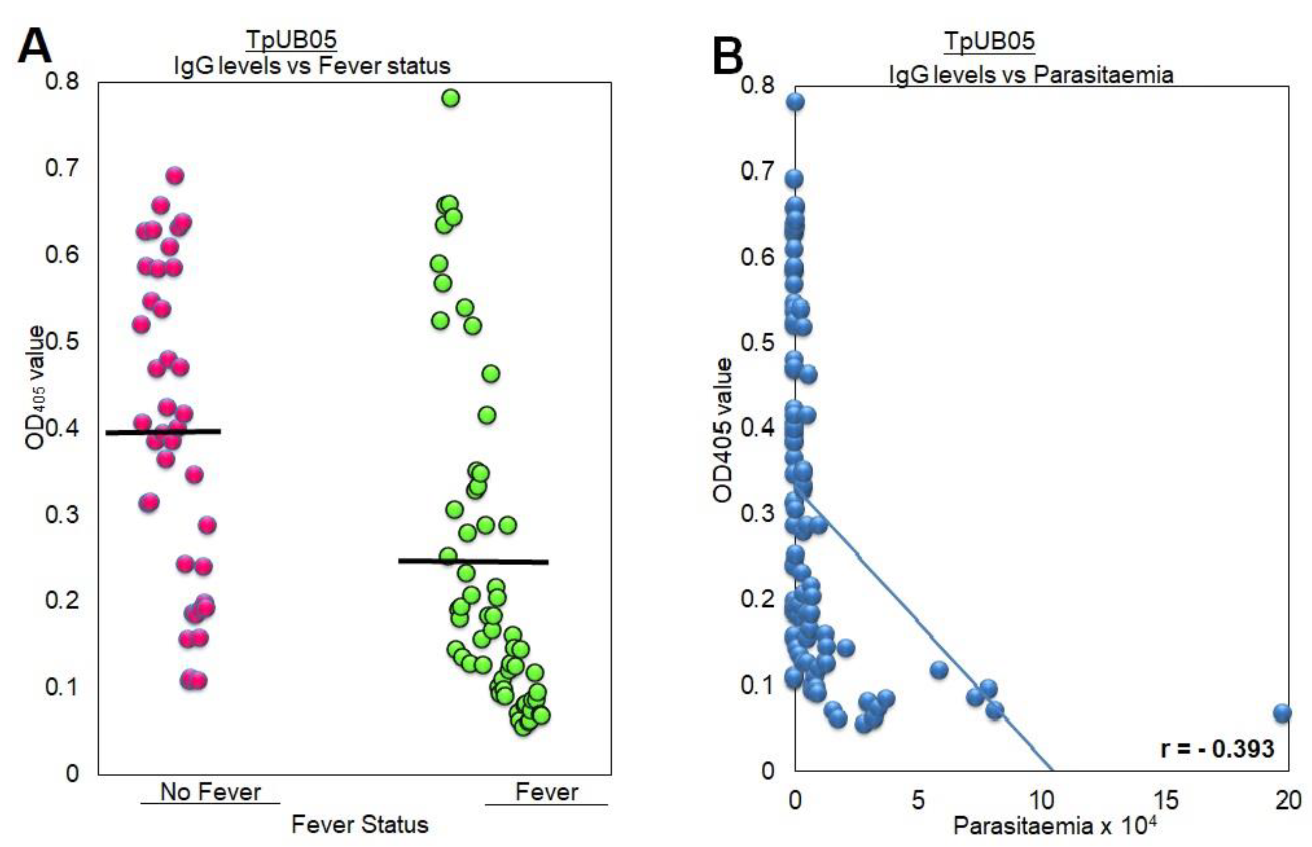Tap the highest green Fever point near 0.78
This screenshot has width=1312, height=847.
[x=451, y=98]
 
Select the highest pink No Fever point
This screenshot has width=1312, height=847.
[x=175, y=176]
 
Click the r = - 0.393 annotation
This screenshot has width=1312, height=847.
[x=1217, y=749]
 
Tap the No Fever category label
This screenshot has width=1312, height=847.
[x=210, y=792]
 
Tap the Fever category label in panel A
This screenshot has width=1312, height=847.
[x=546, y=792]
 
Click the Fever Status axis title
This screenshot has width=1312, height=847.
[x=359, y=824]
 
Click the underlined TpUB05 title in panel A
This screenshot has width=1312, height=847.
[x=291, y=40]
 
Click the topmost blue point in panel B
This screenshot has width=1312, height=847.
[x=795, y=102]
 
